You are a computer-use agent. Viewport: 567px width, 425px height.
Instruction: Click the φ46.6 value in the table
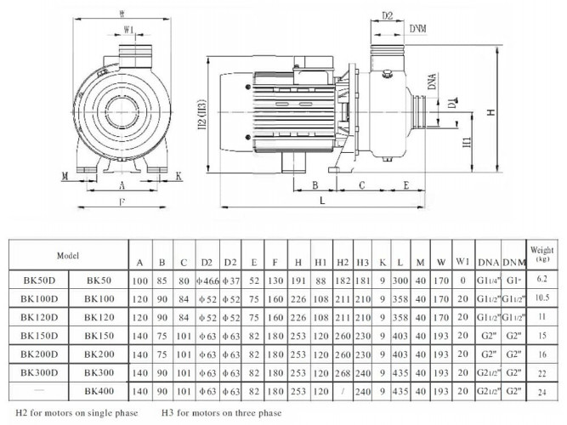(206, 279)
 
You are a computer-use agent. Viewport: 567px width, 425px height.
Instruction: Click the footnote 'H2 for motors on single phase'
(77, 414)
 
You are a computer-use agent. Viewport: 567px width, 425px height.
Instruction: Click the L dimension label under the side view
(322, 200)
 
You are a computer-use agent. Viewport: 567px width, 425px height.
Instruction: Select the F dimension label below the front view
(122, 201)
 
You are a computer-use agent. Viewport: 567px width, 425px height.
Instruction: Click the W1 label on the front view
(129, 31)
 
